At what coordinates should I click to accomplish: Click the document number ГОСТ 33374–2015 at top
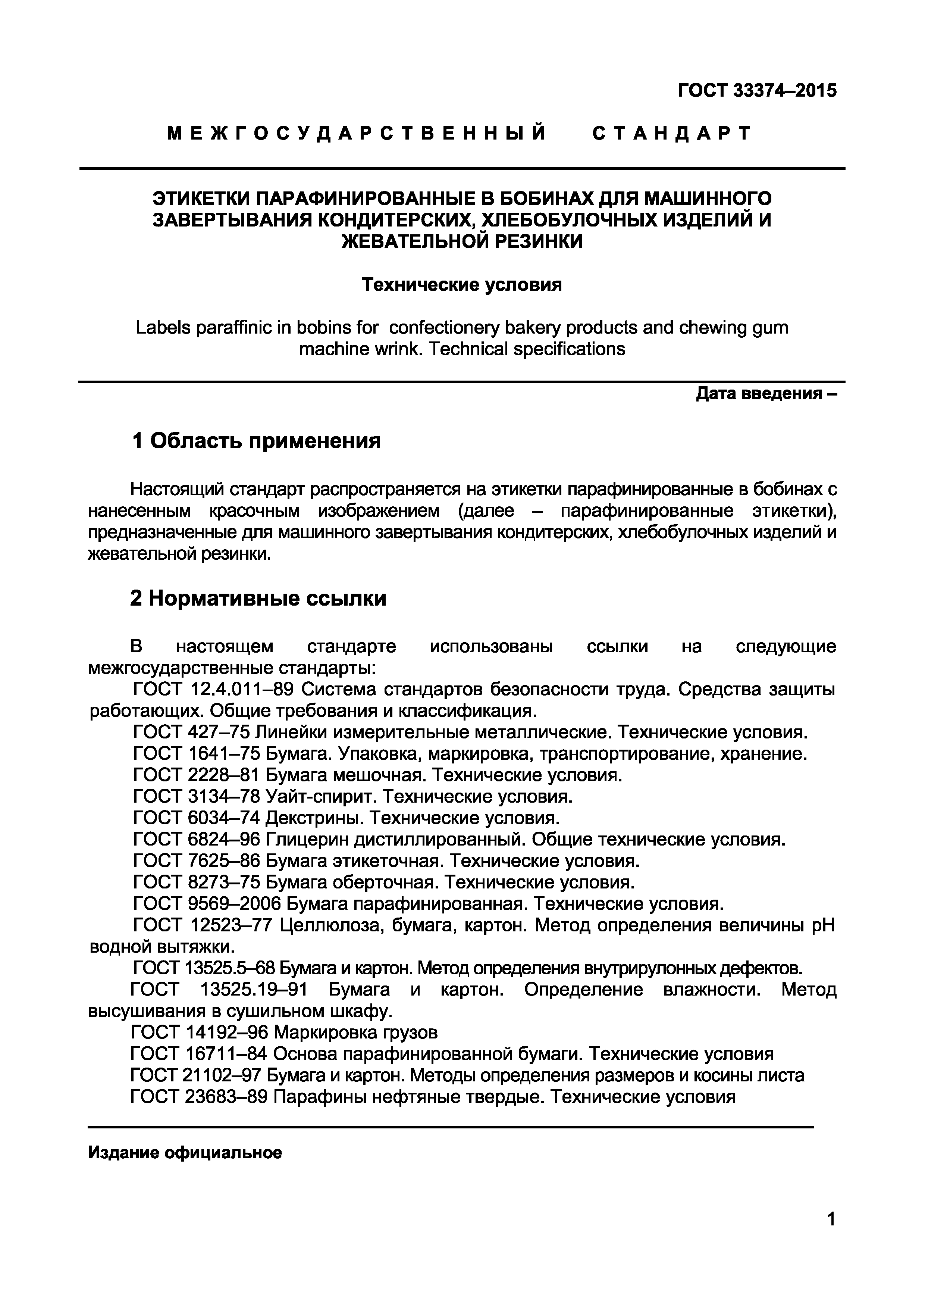[757, 90]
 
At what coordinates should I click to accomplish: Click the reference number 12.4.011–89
[240, 690]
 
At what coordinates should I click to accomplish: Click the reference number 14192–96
[227, 1032]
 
